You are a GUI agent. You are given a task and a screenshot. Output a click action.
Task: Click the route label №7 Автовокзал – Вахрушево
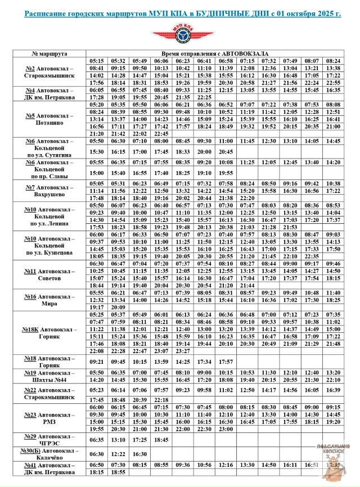coord(50,191)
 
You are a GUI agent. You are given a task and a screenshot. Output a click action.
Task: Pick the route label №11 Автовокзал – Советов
coord(50,274)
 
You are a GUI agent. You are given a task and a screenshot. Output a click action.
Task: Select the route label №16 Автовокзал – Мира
coord(50,300)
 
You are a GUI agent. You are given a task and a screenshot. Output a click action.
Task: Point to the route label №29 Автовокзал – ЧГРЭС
coord(50,440)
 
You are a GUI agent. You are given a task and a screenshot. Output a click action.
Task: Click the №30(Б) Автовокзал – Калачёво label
coord(50,454)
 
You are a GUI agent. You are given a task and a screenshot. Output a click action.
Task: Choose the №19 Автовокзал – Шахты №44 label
coord(50,376)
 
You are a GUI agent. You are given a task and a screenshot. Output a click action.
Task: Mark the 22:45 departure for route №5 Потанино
coord(161,134)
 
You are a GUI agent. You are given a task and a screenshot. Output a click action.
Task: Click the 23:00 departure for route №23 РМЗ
coord(226,429)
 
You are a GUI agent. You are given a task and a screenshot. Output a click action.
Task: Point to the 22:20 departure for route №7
coord(247,198)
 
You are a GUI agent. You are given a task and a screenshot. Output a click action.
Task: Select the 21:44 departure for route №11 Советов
coord(247,286)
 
